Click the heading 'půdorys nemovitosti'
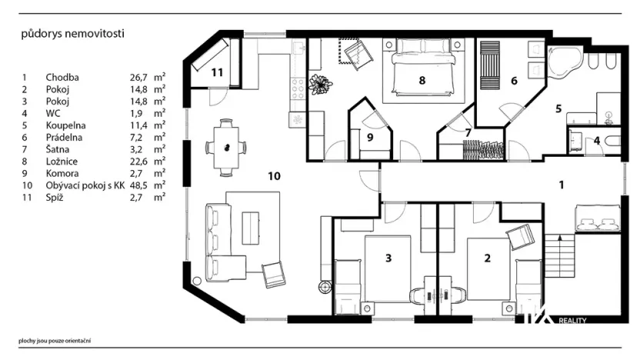73,34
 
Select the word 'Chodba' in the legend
62,78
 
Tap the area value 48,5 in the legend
140,185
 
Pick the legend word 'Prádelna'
65,138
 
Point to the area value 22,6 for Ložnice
140,162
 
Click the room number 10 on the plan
275,176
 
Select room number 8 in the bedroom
422,79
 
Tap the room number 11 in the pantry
218,72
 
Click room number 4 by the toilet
597,141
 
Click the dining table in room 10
225,146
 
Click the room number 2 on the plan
487,258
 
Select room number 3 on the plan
389,258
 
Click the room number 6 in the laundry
514,81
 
